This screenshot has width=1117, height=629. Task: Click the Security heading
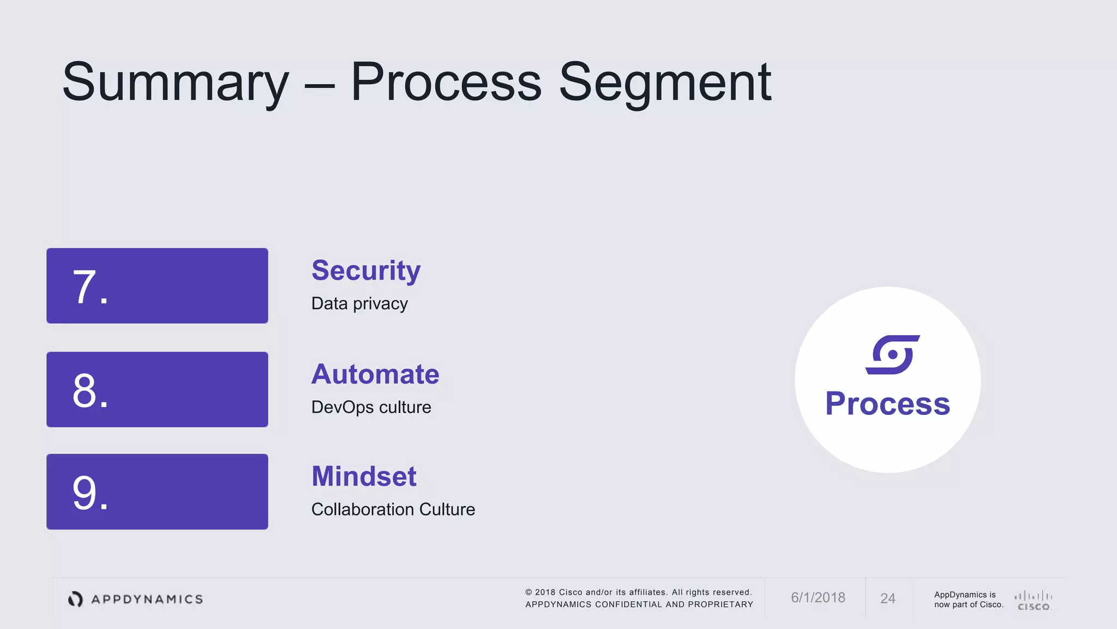click(366, 271)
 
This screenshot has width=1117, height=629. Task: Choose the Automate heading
click(375, 375)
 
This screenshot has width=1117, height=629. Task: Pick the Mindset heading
click(364, 476)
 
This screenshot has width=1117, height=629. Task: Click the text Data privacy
click(359, 304)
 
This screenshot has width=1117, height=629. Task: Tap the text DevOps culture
click(371, 407)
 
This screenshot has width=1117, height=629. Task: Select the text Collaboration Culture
click(393, 509)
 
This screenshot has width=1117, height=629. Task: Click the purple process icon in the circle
click(892, 355)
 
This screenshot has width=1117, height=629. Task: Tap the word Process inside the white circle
click(887, 404)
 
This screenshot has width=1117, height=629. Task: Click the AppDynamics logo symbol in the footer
click(75, 599)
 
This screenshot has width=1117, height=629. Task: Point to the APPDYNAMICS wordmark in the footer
click(147, 600)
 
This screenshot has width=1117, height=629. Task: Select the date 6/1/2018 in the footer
click(818, 598)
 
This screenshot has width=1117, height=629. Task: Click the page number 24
click(887, 598)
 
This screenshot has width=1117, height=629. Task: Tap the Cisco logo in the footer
click(1034, 600)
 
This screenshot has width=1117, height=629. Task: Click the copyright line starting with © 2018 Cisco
click(638, 592)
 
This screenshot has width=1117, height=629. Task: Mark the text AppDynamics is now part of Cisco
click(968, 600)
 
